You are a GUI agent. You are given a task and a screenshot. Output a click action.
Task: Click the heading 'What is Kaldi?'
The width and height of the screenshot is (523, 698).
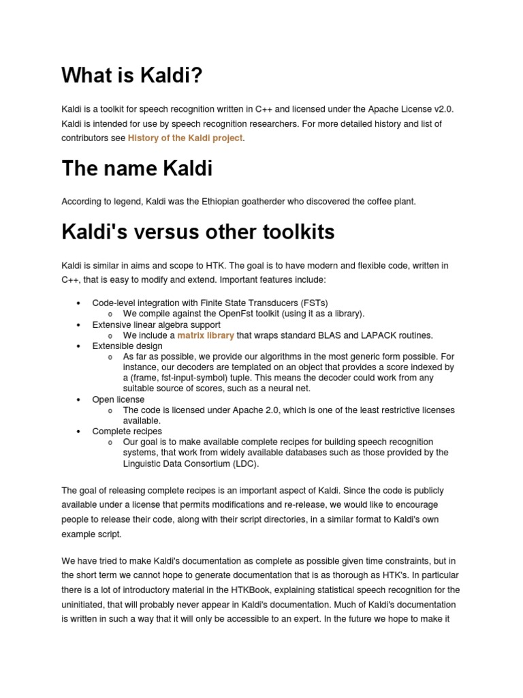pyautogui.click(x=132, y=76)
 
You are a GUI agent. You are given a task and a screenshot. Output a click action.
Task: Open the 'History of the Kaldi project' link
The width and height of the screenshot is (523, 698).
pyautogui.click(x=185, y=138)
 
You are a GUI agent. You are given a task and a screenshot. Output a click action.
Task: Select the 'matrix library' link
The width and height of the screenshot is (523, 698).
pyautogui.click(x=206, y=335)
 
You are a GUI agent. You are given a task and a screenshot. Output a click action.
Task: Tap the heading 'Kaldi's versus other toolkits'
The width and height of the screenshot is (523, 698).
pyautogui.click(x=198, y=232)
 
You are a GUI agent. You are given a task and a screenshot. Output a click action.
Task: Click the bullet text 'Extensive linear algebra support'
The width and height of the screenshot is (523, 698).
pyautogui.click(x=156, y=325)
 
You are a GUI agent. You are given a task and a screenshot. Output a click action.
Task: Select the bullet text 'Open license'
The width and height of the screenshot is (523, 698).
pyautogui.click(x=118, y=399)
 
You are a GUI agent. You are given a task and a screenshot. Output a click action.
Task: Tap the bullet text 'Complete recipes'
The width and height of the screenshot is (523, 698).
pyautogui.click(x=127, y=431)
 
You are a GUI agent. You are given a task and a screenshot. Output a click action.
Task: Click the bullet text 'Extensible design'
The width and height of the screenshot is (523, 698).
pyautogui.click(x=127, y=346)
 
